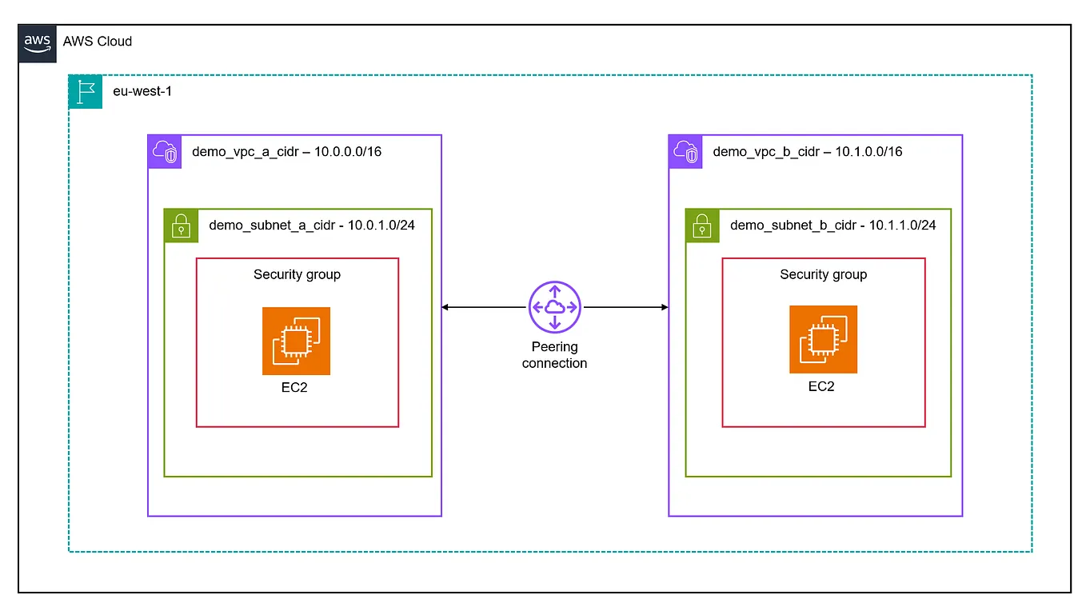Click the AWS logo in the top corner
click(37, 42)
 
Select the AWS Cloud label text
click(98, 42)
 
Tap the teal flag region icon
click(86, 92)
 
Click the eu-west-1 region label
click(142, 91)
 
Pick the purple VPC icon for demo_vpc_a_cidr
click(165, 151)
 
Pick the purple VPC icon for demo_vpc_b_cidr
click(685, 151)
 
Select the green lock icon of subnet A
click(181, 226)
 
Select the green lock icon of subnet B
click(702, 226)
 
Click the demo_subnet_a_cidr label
click(272, 225)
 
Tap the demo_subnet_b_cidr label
click(793, 226)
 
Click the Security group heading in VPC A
click(297, 274)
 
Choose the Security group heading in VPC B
click(823, 274)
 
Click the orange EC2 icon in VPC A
click(296, 341)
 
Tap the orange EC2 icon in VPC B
click(823, 339)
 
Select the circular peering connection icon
click(554, 307)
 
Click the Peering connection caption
click(554, 355)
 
